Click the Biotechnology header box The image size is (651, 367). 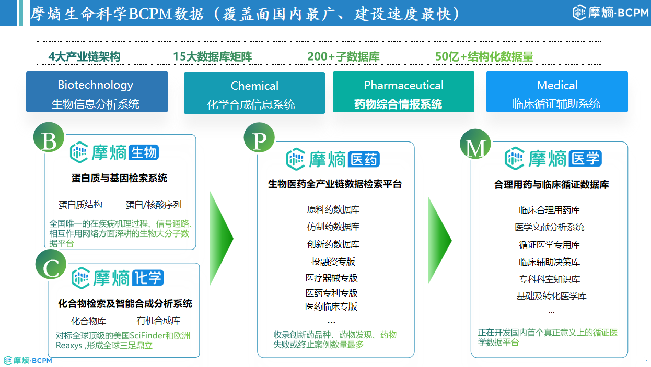click(97, 91)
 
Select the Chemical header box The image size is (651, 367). click(254, 92)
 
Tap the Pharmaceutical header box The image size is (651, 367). click(403, 91)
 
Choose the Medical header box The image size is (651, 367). click(557, 91)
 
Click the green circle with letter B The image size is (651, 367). click(49, 138)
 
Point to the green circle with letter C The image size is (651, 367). click(51, 265)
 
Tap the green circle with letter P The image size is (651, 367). click(259, 138)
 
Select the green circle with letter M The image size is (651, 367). click(475, 144)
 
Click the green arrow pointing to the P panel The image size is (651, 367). click(222, 238)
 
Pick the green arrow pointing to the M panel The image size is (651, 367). click(440, 241)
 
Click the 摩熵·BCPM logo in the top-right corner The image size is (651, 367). click(610, 13)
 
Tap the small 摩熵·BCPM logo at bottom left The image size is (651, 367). click(28, 361)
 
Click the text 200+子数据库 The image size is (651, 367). click(343, 56)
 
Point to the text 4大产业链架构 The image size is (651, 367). click(84, 56)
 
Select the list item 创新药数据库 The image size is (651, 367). click(333, 244)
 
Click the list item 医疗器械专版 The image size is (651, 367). click(332, 278)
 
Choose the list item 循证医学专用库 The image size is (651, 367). click(549, 245)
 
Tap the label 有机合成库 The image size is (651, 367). click(158, 321)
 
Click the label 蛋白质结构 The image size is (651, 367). click(80, 205)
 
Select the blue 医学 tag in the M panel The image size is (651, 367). click(585, 159)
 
